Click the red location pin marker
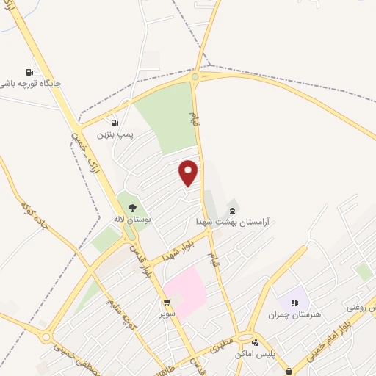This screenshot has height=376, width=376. click(189, 172)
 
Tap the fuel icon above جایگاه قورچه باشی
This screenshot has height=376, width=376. click(29, 72)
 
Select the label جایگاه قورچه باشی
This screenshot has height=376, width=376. click(31, 84)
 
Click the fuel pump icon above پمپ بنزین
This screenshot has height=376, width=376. click(114, 123)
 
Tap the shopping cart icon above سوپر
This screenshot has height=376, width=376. click(167, 302)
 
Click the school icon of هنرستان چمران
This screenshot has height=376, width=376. click(294, 301)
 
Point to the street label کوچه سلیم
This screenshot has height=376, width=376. click(122, 304)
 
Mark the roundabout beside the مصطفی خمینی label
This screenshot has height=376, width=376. click(47, 338)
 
